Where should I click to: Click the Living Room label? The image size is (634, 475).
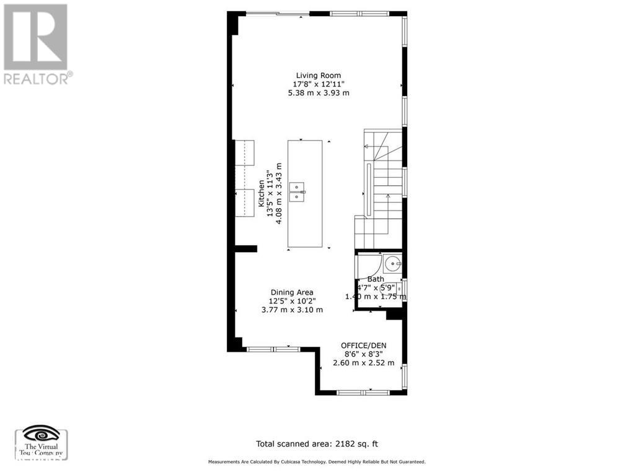point(318,75)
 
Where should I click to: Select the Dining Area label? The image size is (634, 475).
point(292,292)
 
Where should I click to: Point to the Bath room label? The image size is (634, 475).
point(376,279)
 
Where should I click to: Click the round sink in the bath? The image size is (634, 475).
point(393,265)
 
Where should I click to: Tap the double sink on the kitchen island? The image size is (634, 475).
point(299,191)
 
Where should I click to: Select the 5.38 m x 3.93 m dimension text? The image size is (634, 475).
point(319,93)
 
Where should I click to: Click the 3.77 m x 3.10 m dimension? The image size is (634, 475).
point(292,310)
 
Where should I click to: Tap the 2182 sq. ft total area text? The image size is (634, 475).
point(316,443)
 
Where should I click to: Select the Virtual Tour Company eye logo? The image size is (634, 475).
point(41,434)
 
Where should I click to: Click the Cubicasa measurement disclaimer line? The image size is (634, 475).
point(317,462)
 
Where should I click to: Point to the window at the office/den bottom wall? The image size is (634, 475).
point(363,392)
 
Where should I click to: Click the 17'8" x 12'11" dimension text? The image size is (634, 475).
point(318,84)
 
